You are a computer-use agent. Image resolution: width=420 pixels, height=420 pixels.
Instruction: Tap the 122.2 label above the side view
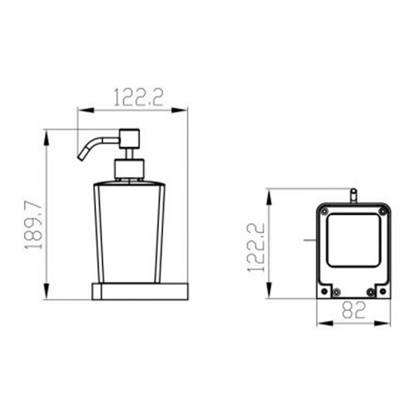(139, 97)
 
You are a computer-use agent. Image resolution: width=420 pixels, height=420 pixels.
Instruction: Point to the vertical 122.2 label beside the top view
(256, 247)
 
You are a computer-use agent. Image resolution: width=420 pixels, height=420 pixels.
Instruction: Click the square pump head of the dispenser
(129, 139)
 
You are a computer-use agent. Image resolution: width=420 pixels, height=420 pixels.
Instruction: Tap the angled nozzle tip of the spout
(80, 157)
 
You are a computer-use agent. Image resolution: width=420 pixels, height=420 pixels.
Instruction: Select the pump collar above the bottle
(129, 169)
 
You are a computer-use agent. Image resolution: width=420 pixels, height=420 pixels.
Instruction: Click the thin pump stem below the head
(129, 154)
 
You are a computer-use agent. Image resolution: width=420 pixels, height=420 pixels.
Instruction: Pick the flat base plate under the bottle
(140, 291)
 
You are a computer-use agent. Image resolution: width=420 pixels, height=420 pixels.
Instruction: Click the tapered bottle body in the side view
(129, 232)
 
